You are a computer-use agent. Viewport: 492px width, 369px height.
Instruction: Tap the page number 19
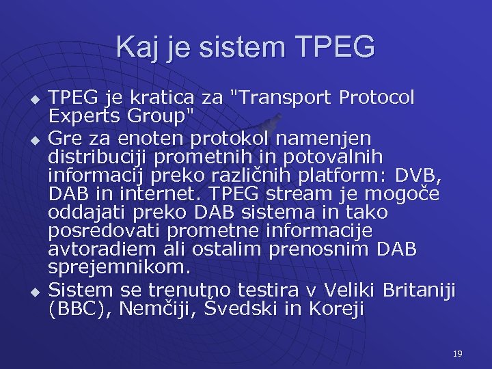tap(457, 353)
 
